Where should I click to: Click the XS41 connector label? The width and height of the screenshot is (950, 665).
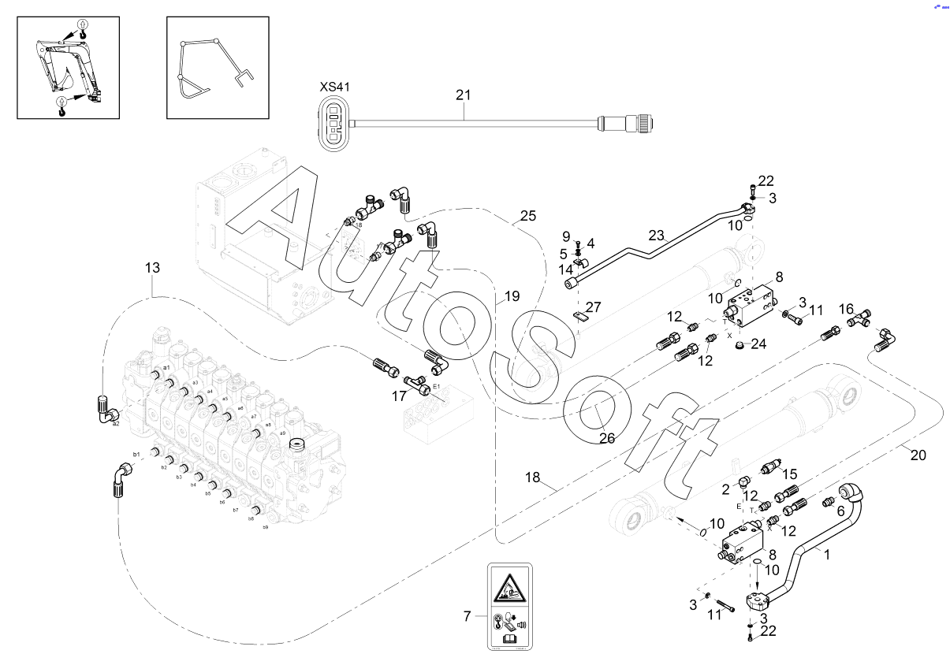[x=333, y=87]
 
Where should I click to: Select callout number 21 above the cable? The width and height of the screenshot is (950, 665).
[x=463, y=95]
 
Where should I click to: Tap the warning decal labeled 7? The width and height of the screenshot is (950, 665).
[x=509, y=607]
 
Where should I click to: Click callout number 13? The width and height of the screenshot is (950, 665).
[x=152, y=268]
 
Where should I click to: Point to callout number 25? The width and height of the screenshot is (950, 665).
[x=528, y=216]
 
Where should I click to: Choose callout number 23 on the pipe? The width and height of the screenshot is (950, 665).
[x=658, y=235]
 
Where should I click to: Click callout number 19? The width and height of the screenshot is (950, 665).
[x=512, y=297]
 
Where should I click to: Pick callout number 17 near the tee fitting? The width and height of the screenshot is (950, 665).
[x=399, y=397]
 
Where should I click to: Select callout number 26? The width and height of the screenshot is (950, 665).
[x=606, y=438]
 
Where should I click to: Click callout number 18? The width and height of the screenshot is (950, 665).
[x=534, y=477]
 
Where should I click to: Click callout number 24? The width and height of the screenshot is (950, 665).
[x=758, y=344]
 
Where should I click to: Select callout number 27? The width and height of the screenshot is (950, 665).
[x=593, y=307]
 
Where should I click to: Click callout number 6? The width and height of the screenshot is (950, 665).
[x=840, y=510]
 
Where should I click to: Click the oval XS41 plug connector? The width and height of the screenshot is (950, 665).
[x=333, y=124]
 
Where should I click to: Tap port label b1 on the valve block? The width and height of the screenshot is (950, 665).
[x=136, y=455]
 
